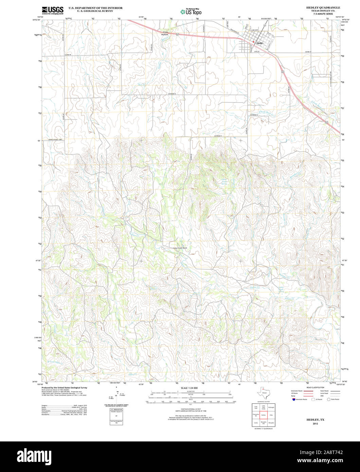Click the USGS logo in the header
(x=53, y=10)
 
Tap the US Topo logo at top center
(x=191, y=12)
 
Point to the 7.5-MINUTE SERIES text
(x=323, y=14)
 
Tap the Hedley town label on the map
(x=260, y=43)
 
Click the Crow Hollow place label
(x=165, y=33)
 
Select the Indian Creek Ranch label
(x=180, y=248)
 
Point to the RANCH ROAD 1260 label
(x=55, y=140)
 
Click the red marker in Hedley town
(x=253, y=42)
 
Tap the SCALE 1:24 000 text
(x=189, y=388)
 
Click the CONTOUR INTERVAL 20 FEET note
(x=189, y=409)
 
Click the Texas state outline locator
(x=264, y=393)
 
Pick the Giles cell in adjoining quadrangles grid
(x=271, y=415)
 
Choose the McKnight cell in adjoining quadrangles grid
(x=271, y=407)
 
